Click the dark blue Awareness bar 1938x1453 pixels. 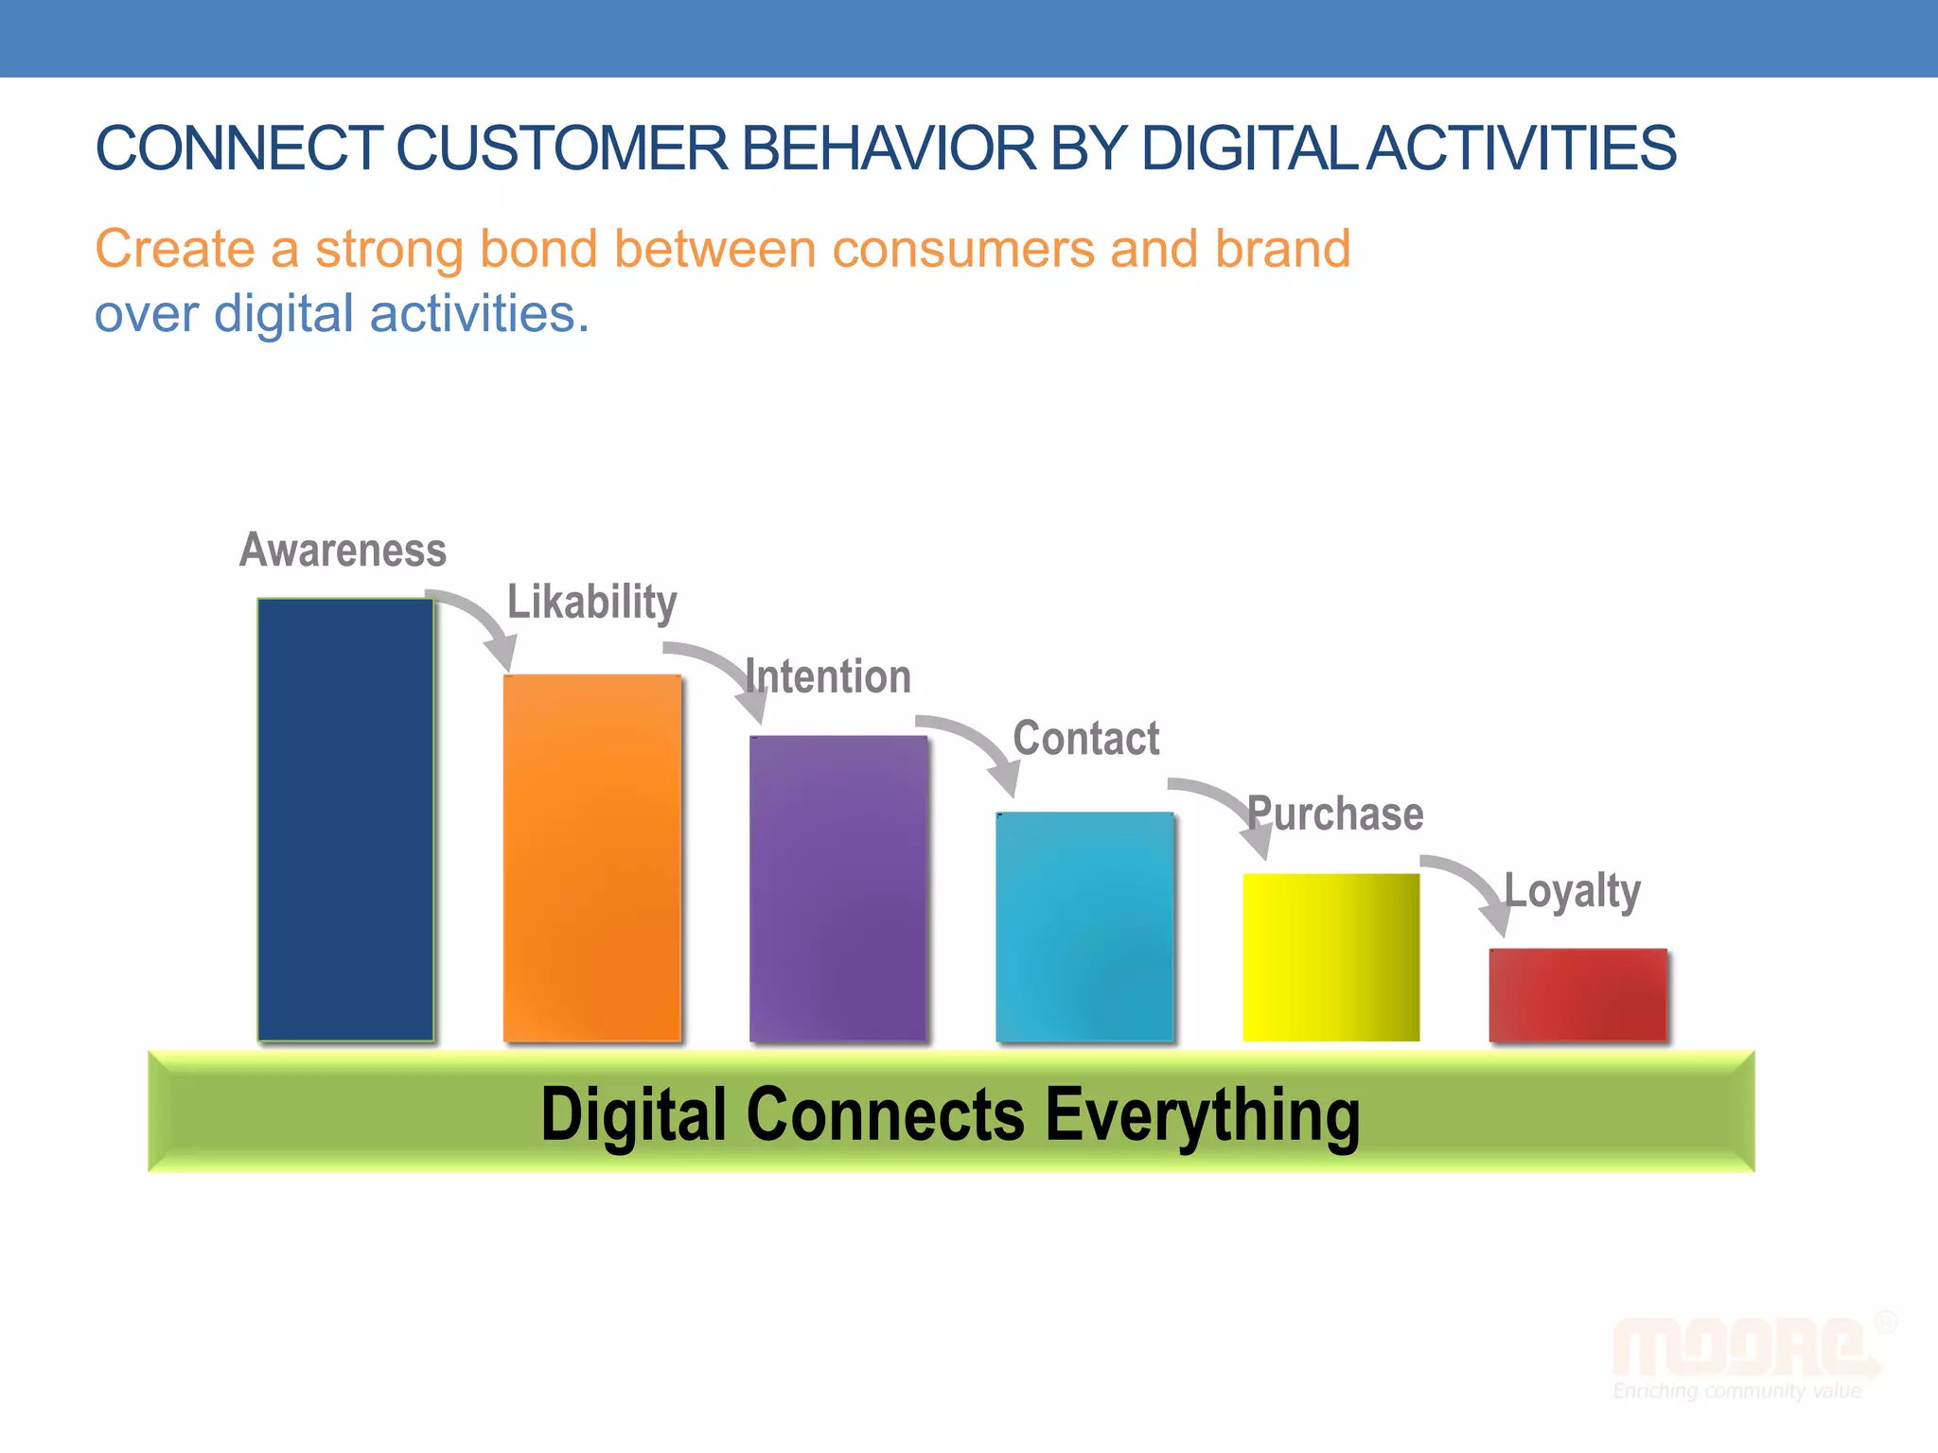coord(345,819)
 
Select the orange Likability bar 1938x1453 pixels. coord(591,857)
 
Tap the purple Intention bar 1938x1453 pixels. coord(837,887)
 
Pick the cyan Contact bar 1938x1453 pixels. coord(1084,926)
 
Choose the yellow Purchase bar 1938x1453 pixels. coord(1330,956)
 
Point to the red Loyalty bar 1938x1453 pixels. coord(1577,994)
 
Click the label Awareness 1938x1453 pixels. coord(343,550)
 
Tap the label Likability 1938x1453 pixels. coord(592,603)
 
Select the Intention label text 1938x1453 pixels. coord(829,677)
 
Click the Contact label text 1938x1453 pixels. coord(1086,738)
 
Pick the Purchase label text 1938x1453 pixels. coord(1335,814)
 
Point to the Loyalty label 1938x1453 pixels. coord(1573,891)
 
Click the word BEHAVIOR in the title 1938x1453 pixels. coord(889,149)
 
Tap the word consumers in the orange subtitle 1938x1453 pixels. coord(963,249)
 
